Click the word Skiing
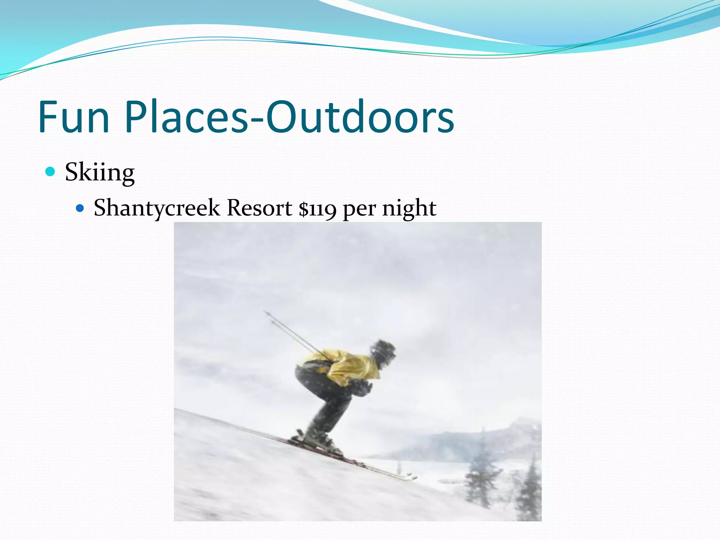click(x=99, y=172)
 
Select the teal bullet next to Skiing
click(x=51, y=172)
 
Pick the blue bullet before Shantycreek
click(x=80, y=208)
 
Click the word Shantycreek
click(x=156, y=208)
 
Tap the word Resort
click(x=259, y=208)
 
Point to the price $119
click(x=317, y=208)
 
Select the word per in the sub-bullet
click(x=359, y=210)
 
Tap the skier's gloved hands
click(x=362, y=387)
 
